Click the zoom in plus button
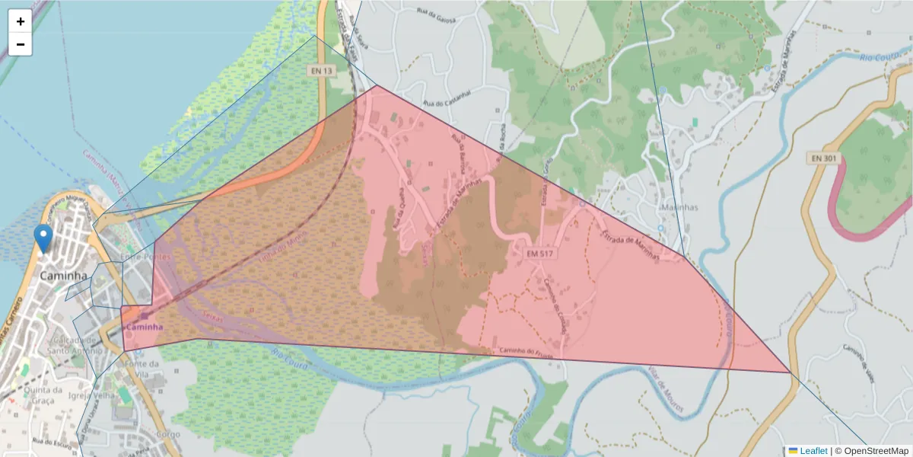[x=21, y=21]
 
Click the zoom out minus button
[x=21, y=44]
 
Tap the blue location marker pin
[x=44, y=238]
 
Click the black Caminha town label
[x=63, y=275]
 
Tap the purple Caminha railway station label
[x=145, y=327]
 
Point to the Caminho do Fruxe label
[x=525, y=352]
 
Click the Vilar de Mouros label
[x=666, y=388]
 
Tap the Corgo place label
[x=167, y=434]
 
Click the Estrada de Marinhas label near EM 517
[x=630, y=245]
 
